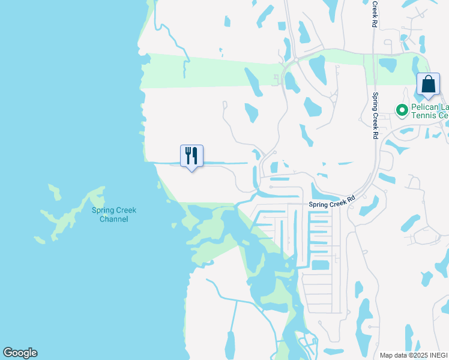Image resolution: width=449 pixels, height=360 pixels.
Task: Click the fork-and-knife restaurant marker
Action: tap(192, 156)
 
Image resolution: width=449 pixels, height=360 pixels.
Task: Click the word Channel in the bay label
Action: tap(114, 219)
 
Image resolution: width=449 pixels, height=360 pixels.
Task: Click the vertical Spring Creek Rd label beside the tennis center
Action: tap(375, 116)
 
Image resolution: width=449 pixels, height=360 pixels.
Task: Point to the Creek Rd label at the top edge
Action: tap(374, 13)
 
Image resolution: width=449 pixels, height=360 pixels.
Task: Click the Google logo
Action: tap(20, 353)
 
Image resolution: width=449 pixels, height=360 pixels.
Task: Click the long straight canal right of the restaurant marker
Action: tap(225, 163)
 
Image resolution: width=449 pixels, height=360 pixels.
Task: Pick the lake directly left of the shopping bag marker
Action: tap(387, 64)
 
